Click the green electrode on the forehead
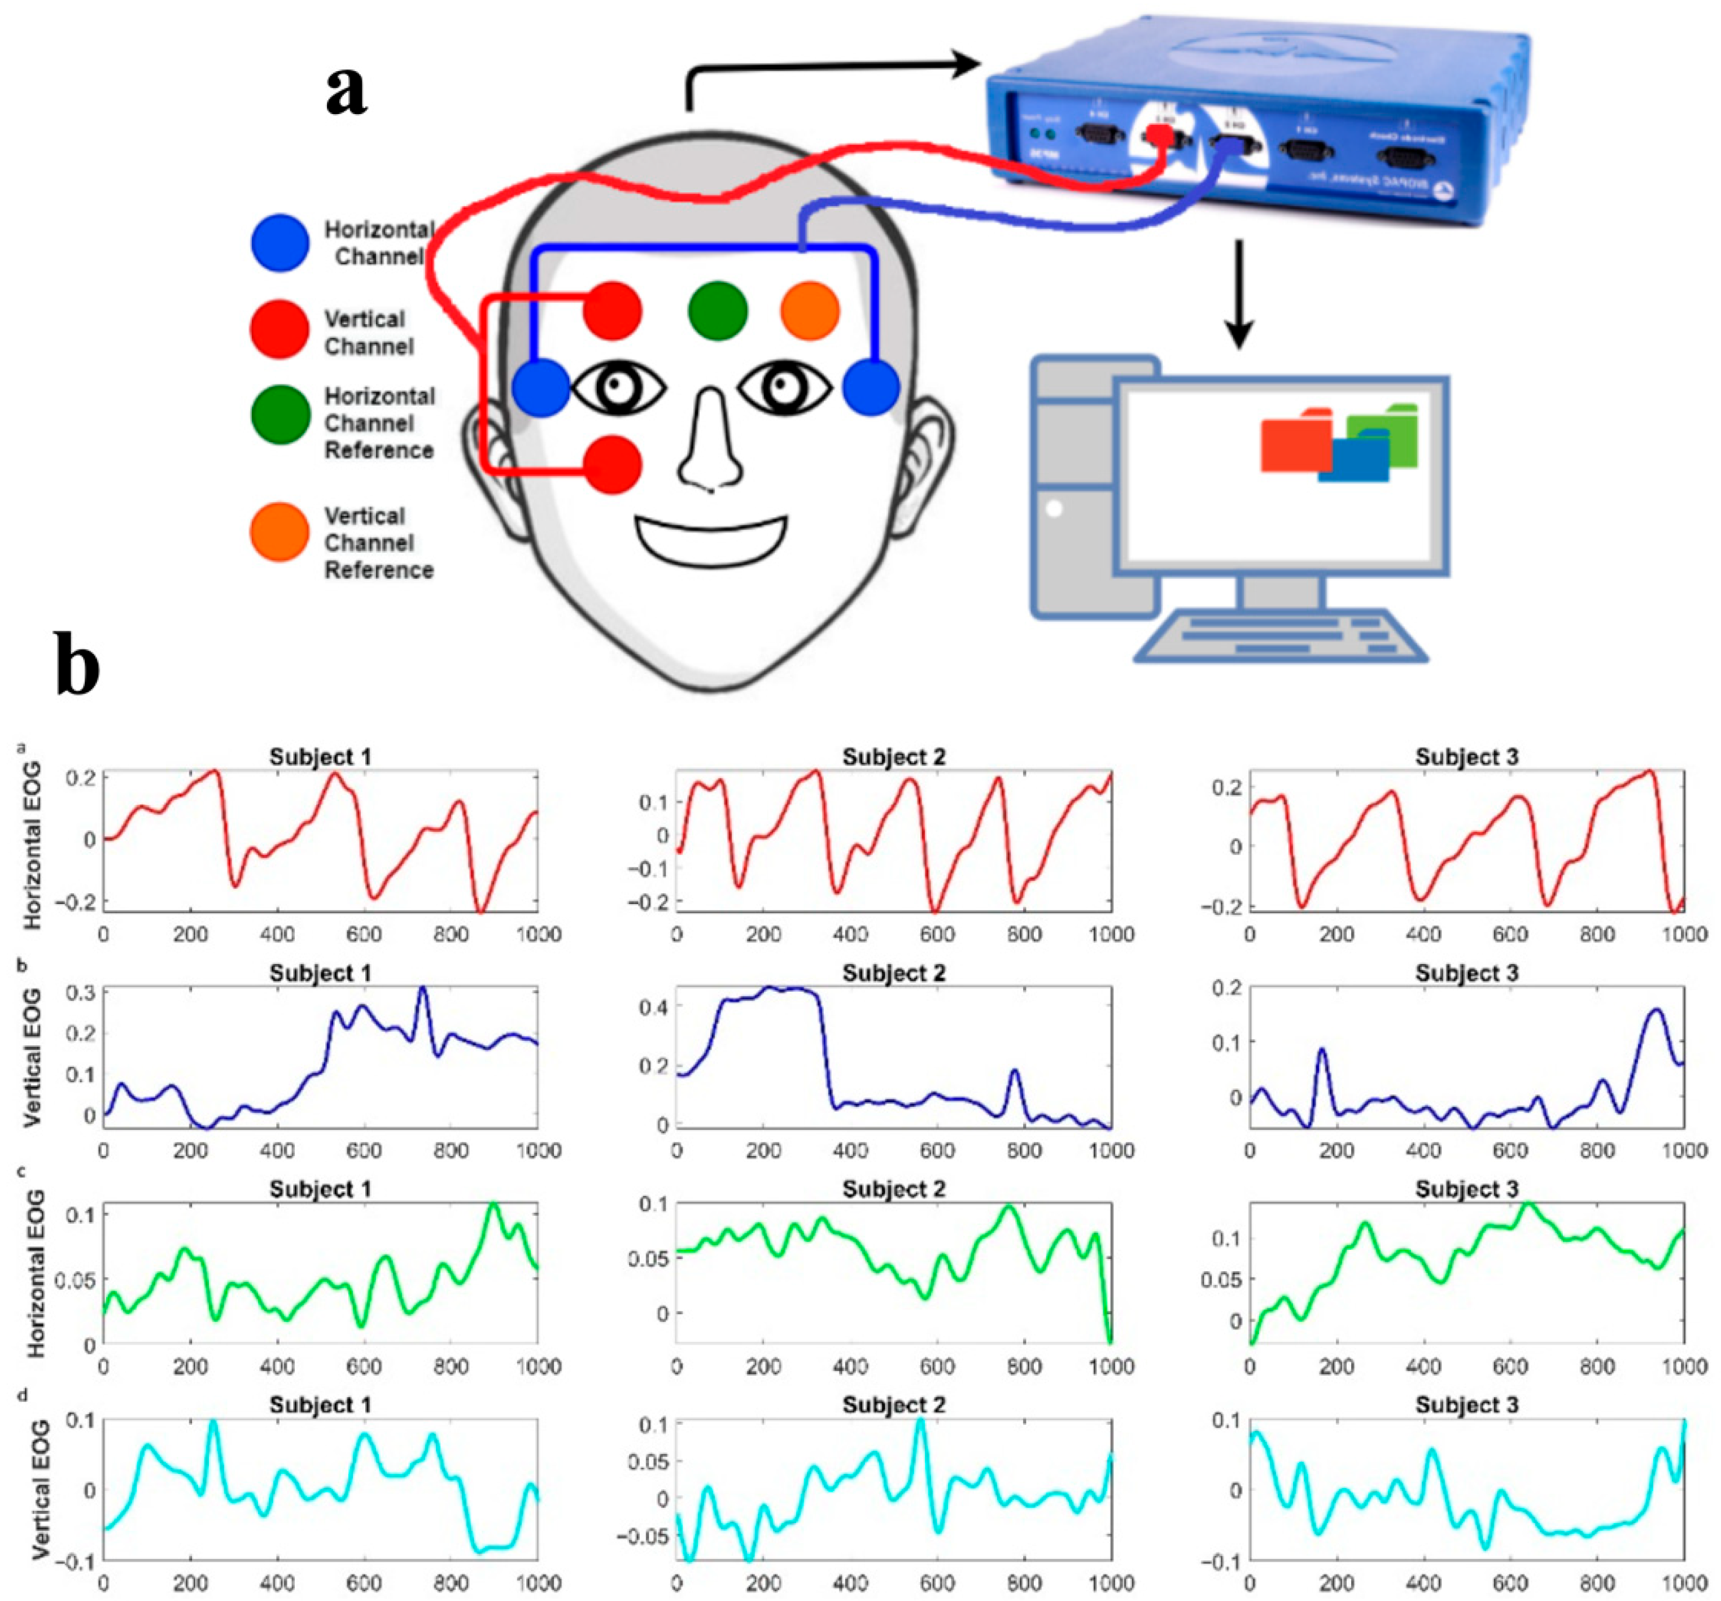(718, 311)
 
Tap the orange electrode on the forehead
(810, 311)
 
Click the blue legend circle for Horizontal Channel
(279, 243)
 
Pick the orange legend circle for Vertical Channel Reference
(279, 531)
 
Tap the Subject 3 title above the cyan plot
(1466, 1404)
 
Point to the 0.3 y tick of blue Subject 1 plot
(81, 992)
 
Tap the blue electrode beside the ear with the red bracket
(541, 388)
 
